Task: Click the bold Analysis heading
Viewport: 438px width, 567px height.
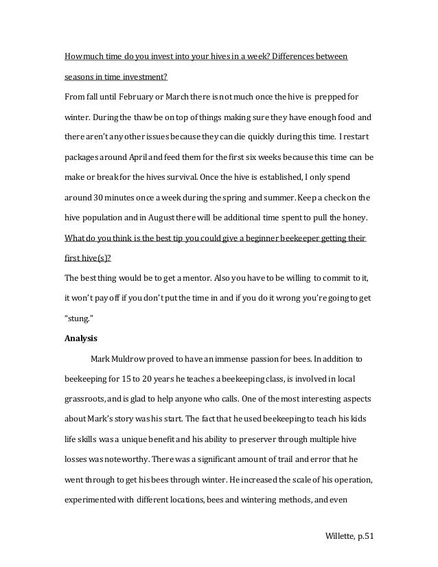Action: click(81, 338)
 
